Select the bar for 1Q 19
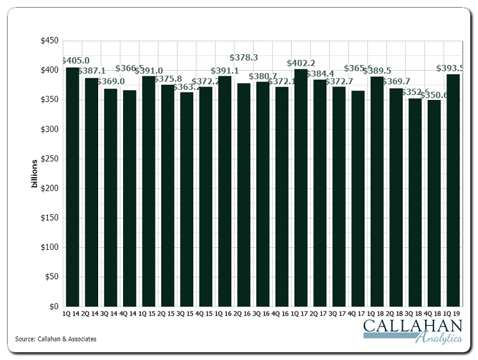[x=453, y=191]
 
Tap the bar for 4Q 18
[x=434, y=203]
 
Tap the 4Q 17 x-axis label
[x=358, y=314]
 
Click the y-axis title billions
[x=34, y=174]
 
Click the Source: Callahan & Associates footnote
[x=56, y=339]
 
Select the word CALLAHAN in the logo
[x=413, y=328]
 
